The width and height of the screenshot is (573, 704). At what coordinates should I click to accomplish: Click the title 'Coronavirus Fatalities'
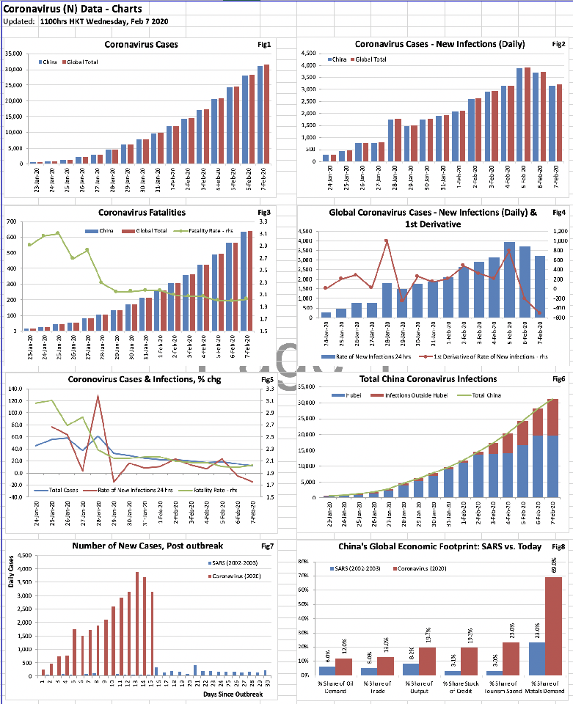point(142,213)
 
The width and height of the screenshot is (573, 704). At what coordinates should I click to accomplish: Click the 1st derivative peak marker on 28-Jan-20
point(386,241)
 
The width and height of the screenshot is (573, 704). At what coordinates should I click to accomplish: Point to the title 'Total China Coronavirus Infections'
point(428,379)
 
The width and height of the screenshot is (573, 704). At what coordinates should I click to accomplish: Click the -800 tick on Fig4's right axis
point(561,318)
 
